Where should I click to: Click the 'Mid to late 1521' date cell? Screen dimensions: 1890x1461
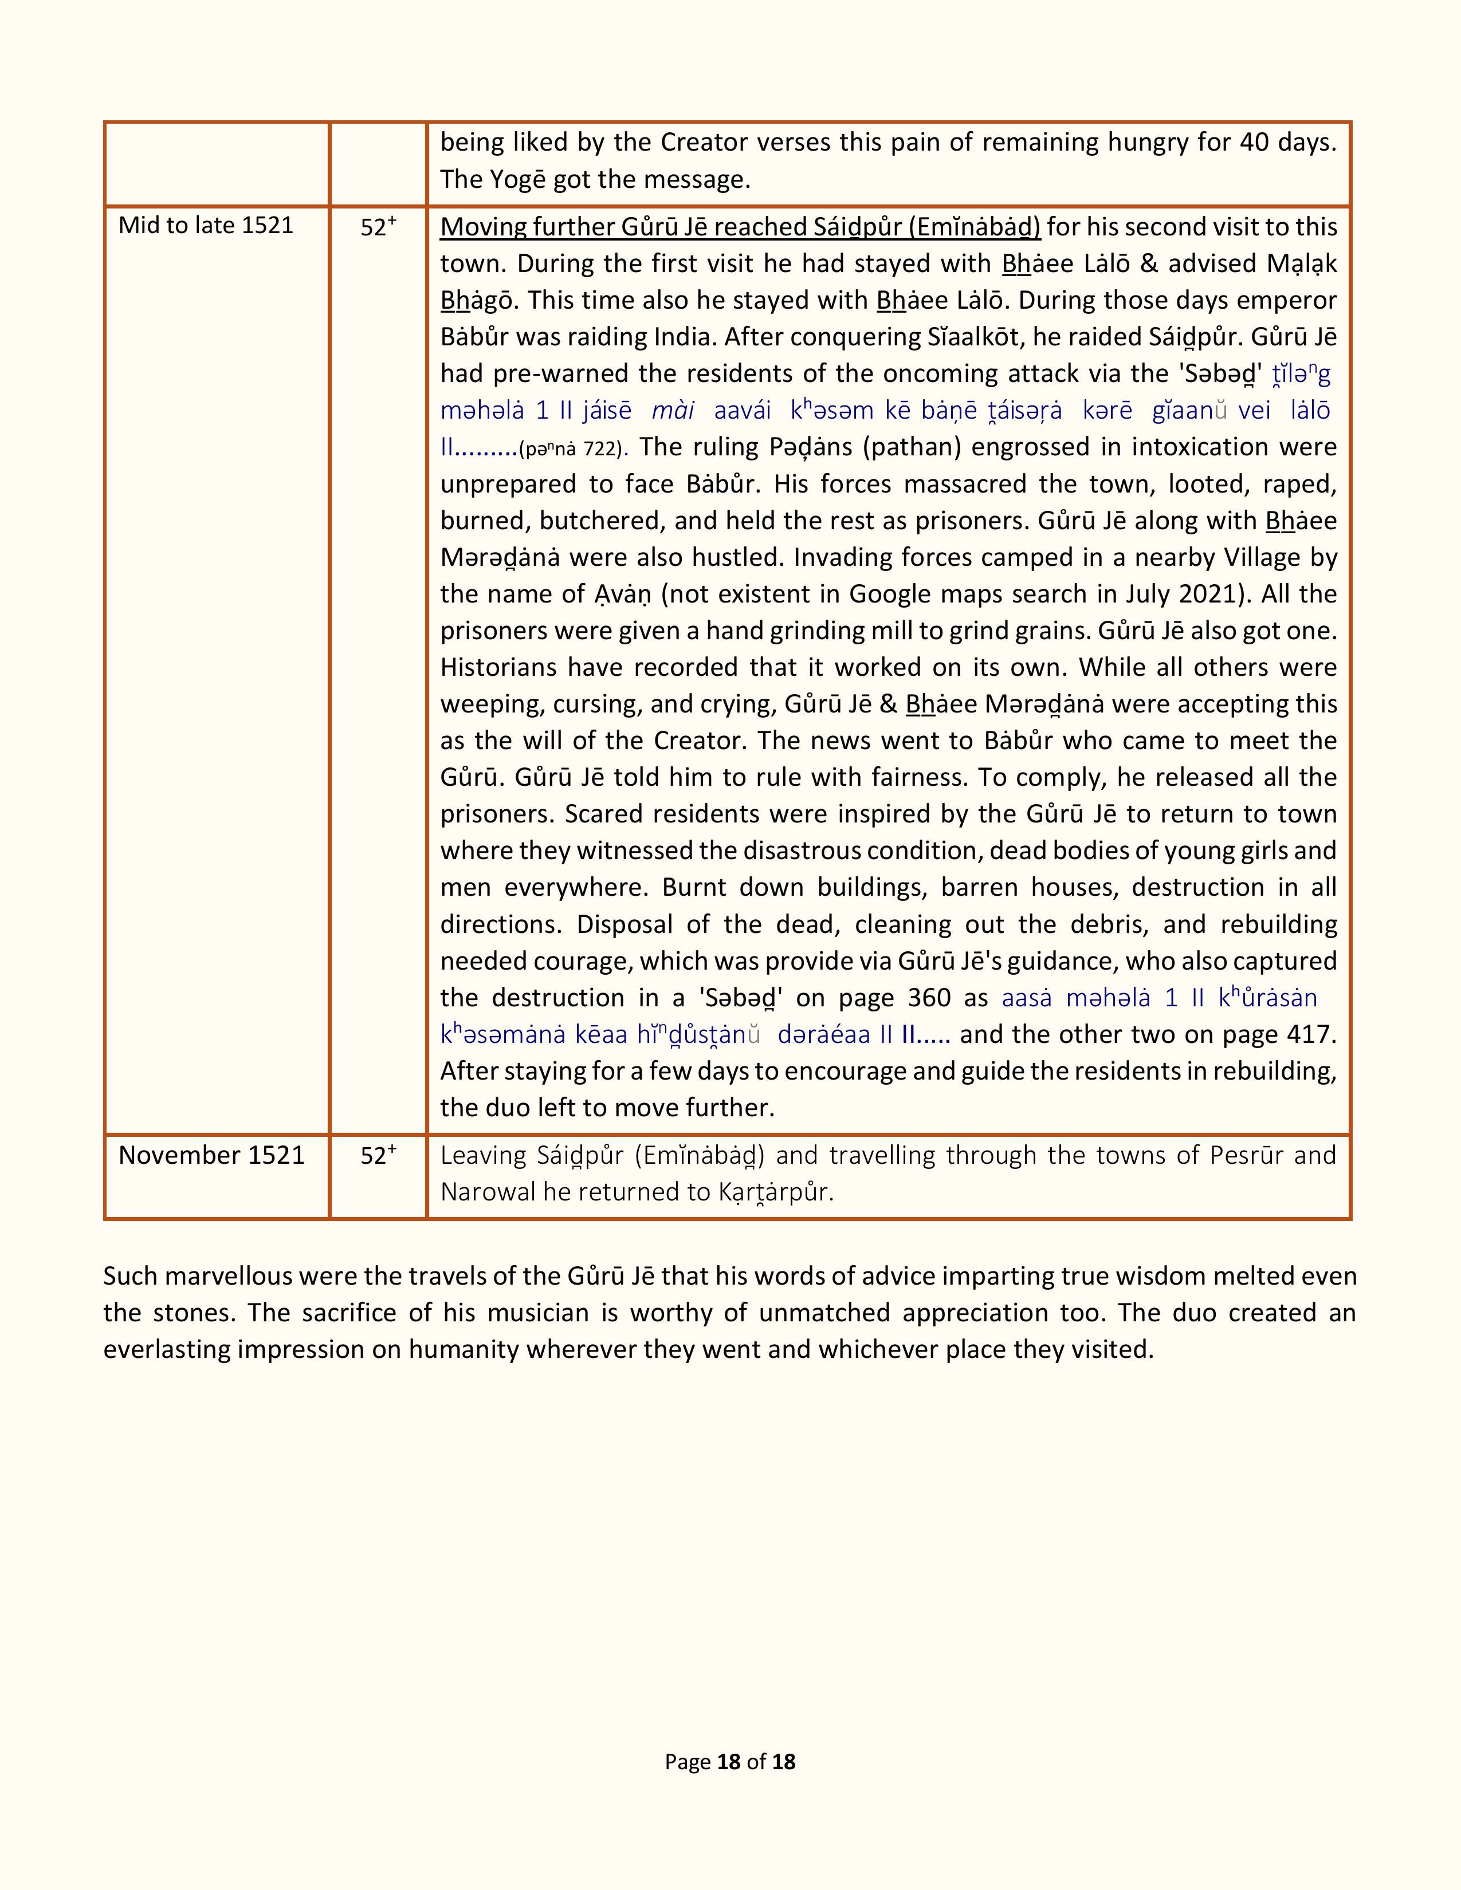pyautogui.click(x=206, y=226)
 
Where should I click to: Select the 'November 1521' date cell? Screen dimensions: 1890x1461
pyautogui.click(x=211, y=1155)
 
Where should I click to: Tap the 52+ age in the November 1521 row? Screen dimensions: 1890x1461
pyautogui.click(x=378, y=1155)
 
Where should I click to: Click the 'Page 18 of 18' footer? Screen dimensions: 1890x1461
pyautogui.click(x=729, y=1762)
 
